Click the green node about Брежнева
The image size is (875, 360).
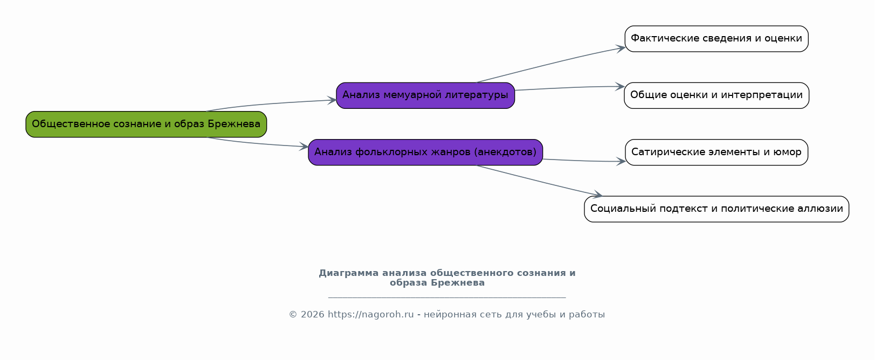click(x=146, y=124)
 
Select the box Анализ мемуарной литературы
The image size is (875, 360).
click(x=425, y=95)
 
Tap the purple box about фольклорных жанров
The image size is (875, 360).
click(x=425, y=153)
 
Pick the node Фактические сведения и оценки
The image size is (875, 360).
click(x=716, y=39)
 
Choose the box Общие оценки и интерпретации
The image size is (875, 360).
click(x=716, y=95)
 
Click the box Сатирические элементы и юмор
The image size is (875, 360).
click(x=716, y=153)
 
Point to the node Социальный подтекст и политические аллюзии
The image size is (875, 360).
click(x=716, y=209)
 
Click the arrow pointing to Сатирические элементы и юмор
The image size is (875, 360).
click(x=584, y=161)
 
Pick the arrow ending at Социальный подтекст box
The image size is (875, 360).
click(x=539, y=181)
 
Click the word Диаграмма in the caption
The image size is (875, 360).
click(x=348, y=273)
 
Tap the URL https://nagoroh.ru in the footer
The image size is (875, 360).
click(x=370, y=314)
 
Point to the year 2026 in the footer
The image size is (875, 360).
click(x=313, y=314)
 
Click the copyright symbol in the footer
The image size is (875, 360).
click(x=293, y=314)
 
